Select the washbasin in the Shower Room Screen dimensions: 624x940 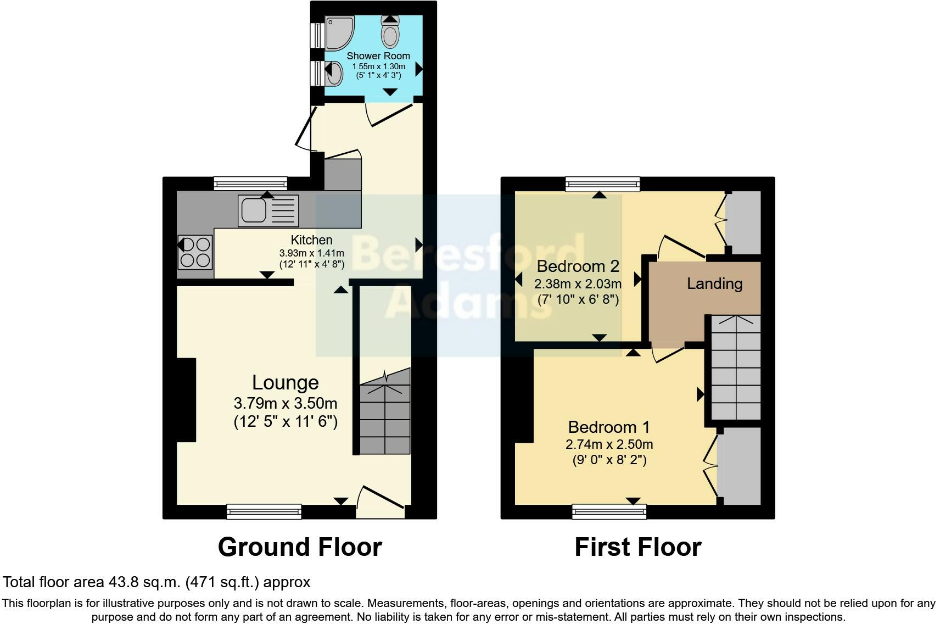333,73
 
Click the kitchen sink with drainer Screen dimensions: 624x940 268,210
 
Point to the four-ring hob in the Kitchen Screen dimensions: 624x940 195,252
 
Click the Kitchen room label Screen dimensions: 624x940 311,240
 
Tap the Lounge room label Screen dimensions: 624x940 285,382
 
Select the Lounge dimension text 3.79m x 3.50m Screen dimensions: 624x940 285,404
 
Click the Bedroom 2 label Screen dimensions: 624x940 578,266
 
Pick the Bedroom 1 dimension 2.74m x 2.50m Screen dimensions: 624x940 609,444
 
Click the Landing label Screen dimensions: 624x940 714,283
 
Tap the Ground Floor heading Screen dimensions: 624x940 300,547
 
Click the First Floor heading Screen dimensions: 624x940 637,547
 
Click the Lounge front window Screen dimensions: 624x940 264,512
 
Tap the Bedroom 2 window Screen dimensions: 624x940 602,184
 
